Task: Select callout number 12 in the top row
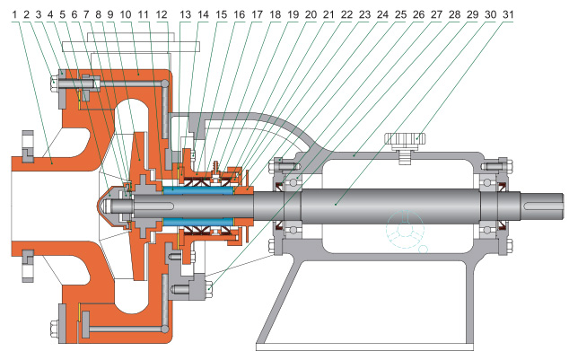point(161,14)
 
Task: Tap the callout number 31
point(509,14)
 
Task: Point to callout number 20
point(310,14)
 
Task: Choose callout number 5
point(63,14)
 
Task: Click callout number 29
point(468,14)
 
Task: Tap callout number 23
point(363,14)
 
